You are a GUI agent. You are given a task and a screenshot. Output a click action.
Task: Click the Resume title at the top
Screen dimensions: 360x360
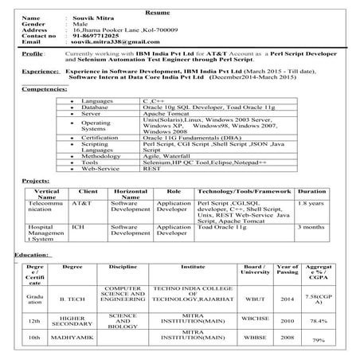tap(181, 6)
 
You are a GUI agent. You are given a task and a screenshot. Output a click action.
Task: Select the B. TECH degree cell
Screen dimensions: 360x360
tap(72, 301)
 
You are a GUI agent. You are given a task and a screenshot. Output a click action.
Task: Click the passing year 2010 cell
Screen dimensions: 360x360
tap(288, 321)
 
